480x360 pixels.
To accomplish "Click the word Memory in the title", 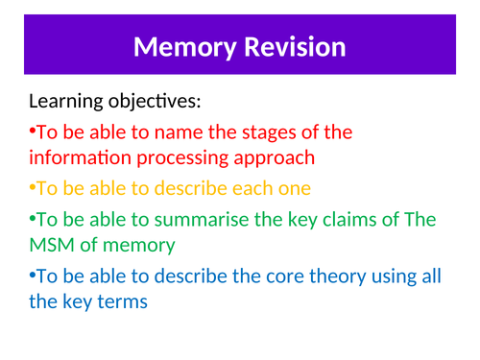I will click(184, 46).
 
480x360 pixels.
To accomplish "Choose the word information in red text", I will click(79, 156).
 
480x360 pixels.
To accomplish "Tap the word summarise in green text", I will click(212, 219).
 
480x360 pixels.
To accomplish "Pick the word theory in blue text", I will click(335, 276).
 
